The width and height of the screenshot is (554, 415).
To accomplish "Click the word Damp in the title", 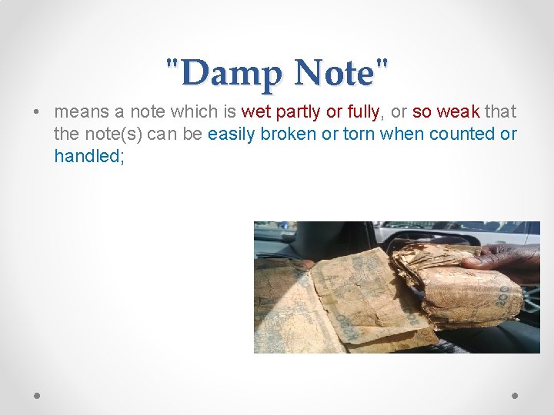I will click(x=228, y=74).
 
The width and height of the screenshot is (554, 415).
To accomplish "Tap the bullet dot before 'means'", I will click(x=37, y=112).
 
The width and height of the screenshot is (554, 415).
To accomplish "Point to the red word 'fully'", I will click(x=362, y=112).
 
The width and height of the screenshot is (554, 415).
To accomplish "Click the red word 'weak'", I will click(x=459, y=112).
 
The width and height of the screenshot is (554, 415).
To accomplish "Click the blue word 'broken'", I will click(x=285, y=134).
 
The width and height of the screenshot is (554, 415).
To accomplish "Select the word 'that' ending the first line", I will click(x=500, y=112).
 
